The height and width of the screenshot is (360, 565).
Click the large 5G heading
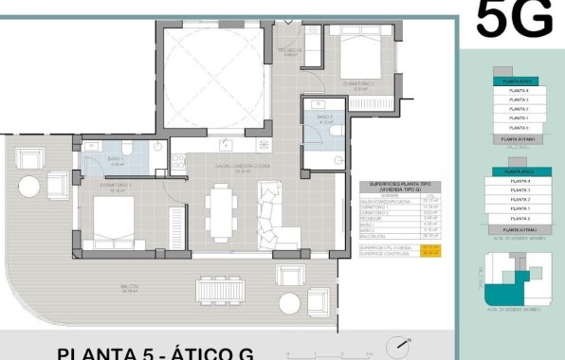514,19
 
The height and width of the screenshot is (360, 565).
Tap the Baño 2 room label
326,120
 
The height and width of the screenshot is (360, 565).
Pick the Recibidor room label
290,50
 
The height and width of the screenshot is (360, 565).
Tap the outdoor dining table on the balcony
222,288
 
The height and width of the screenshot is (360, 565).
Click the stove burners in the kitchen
264,144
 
